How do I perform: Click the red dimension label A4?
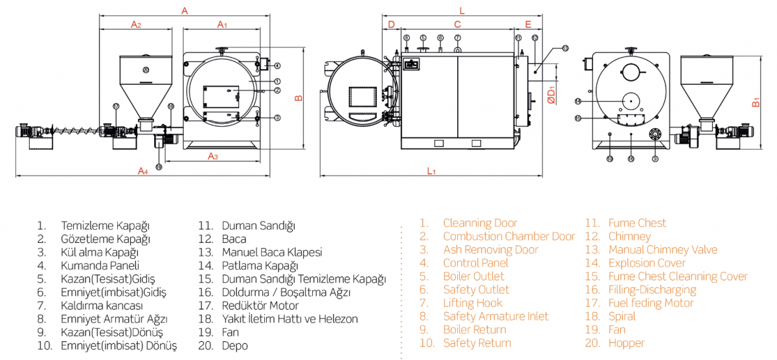tap(142, 170)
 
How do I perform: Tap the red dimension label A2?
tap(136, 24)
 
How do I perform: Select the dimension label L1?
tap(431, 171)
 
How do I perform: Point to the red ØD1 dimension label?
tap(550, 96)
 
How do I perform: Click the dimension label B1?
tap(756, 102)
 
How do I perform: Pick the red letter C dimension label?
tap(456, 24)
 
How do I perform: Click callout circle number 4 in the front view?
tap(277, 65)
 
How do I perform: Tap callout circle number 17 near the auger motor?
tap(116, 106)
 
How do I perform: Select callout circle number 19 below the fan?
tap(159, 166)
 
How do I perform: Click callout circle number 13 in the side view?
tap(565, 48)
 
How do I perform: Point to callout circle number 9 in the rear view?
tap(655, 158)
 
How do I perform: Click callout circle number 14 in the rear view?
tap(578, 101)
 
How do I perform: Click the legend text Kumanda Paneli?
tap(100, 265)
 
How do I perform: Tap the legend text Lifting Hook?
tap(473, 303)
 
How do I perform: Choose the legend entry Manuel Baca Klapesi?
tap(271, 253)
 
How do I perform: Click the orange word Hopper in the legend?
tap(626, 343)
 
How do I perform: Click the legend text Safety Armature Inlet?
tap(495, 317)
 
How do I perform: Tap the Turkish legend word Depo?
tap(234, 346)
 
